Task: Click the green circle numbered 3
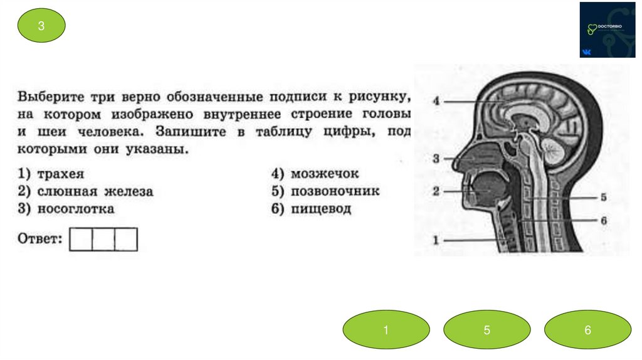coord(41,26)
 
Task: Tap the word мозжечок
coord(324,174)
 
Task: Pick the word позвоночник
coord(335,191)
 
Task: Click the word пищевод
coord(321,209)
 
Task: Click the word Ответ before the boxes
coord(39,239)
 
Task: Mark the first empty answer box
coord(80,240)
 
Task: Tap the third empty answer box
coord(125,240)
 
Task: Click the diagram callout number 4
coord(436,100)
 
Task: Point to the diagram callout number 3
coord(436,159)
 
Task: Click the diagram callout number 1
coord(436,239)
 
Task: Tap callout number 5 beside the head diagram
coord(603,197)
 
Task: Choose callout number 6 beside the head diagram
coord(603,221)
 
